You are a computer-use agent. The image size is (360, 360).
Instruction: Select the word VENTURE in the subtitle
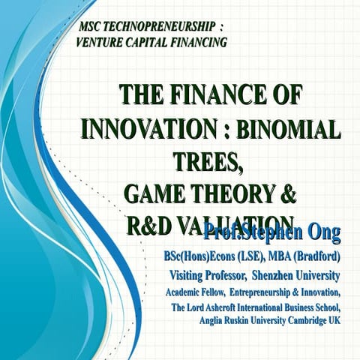coord(102,43)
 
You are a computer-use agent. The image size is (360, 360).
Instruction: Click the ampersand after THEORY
coord(288,193)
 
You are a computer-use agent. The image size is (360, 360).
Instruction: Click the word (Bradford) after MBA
coord(317,257)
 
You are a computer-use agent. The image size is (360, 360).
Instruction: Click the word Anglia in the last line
coord(214,321)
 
